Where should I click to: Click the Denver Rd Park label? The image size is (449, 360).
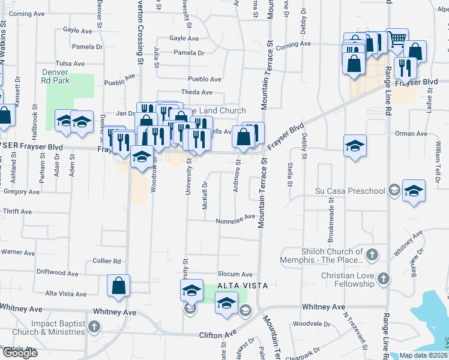(55, 76)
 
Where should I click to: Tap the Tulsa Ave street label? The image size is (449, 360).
(67, 63)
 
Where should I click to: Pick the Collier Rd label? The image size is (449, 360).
(107, 261)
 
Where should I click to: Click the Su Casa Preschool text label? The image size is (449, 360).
(349, 191)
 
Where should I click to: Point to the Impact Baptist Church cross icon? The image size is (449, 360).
(93, 326)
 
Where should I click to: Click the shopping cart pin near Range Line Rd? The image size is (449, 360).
(397, 40)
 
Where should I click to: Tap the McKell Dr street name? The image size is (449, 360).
(205, 193)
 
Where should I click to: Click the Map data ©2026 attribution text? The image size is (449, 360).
(423, 355)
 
